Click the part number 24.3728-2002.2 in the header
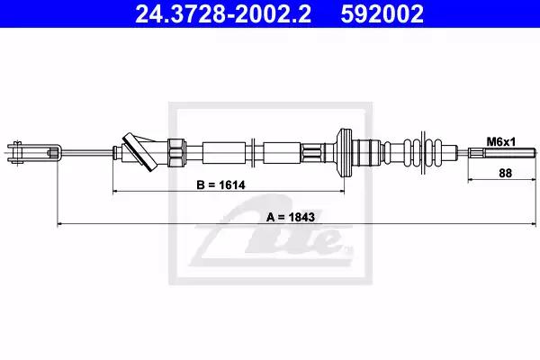click(223, 13)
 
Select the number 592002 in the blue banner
click(382, 13)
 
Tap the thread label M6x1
click(501, 141)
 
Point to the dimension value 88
click(505, 173)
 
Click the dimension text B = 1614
click(220, 185)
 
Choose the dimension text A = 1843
click(291, 217)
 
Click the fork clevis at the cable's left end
click(34, 152)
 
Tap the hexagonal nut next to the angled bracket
click(176, 153)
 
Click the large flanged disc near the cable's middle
click(345, 153)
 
